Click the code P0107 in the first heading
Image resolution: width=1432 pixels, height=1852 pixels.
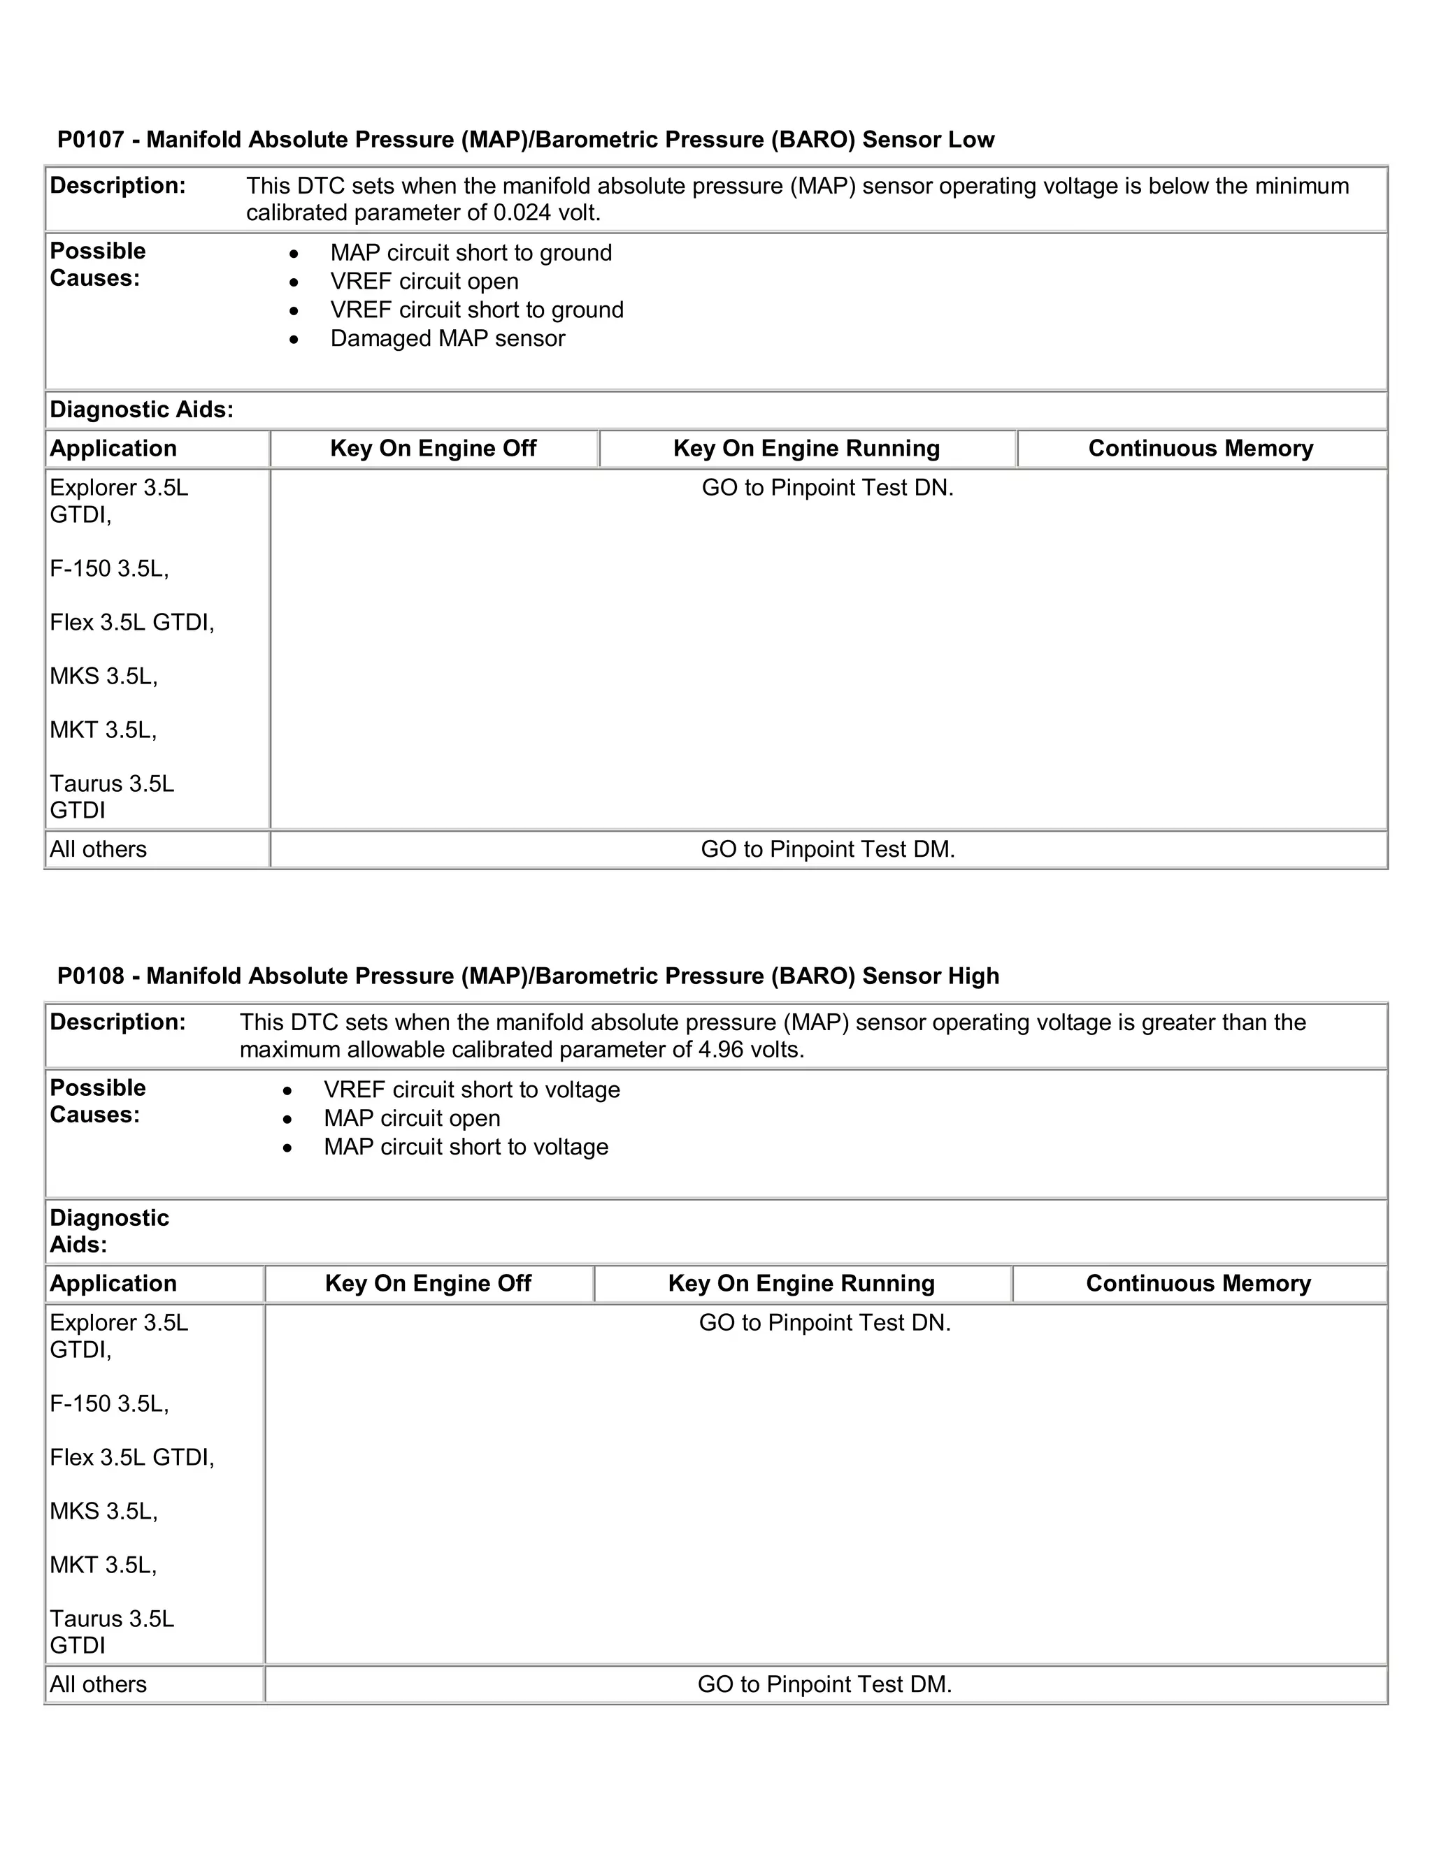point(91,140)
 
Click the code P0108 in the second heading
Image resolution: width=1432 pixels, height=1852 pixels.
point(91,976)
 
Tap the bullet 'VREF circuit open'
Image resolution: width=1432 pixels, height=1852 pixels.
point(424,282)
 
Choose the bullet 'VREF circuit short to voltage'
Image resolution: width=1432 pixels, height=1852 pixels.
point(472,1090)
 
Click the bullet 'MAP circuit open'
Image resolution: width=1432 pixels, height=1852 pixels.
point(411,1118)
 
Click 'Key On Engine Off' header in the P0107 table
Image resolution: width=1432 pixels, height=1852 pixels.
point(433,449)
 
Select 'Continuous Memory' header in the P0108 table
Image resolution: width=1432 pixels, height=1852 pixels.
point(1198,1284)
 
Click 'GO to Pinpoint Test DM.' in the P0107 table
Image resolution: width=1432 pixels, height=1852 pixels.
point(827,850)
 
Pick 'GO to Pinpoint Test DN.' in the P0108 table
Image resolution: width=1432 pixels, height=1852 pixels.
point(824,1323)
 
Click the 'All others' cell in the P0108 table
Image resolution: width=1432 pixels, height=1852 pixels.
point(98,1685)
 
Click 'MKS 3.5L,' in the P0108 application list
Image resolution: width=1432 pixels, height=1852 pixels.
point(103,1511)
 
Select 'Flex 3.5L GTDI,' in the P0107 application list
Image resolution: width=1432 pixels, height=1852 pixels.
point(131,623)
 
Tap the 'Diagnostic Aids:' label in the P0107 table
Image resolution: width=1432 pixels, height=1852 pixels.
point(141,410)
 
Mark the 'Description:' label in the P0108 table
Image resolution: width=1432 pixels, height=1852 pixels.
point(117,1022)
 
